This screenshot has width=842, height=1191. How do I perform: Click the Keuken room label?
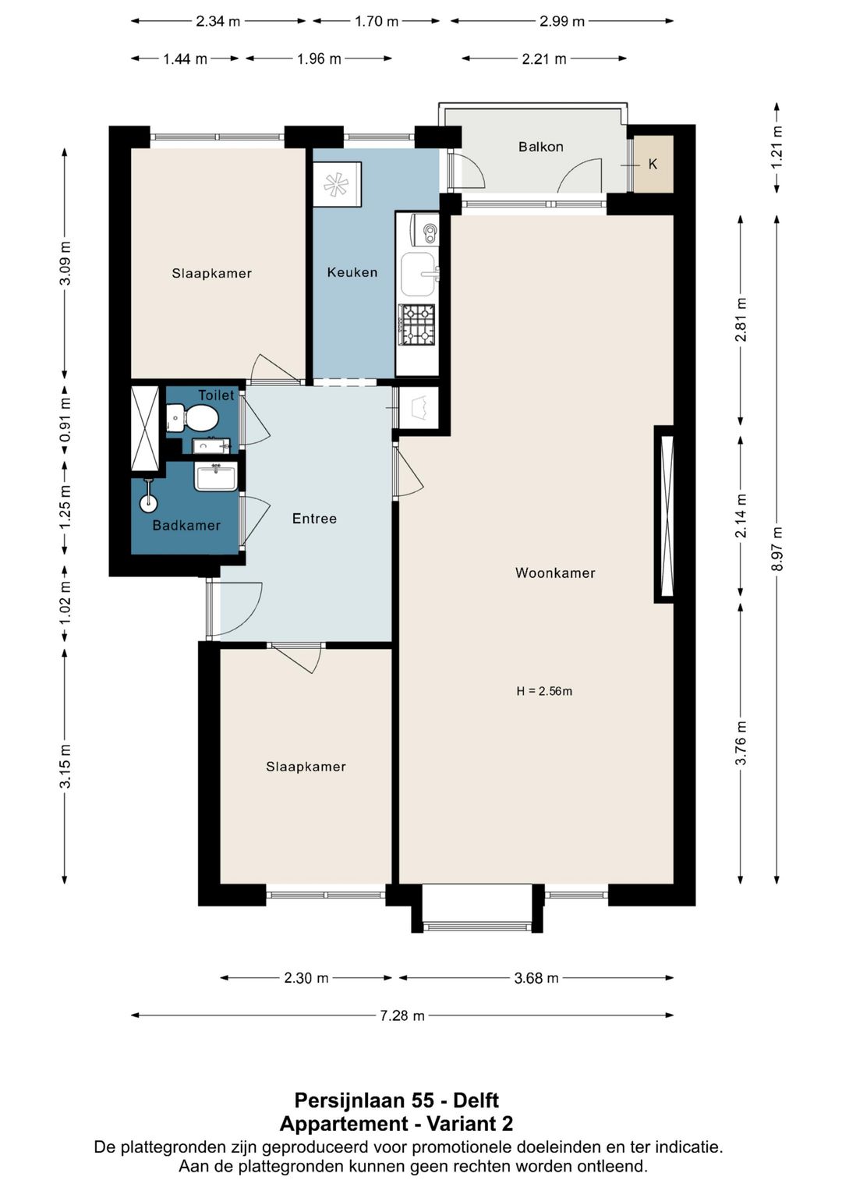click(x=352, y=272)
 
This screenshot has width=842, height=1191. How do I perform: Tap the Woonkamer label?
click(x=555, y=572)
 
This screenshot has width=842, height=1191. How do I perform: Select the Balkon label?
click(x=540, y=147)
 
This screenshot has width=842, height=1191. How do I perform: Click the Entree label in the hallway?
click(x=314, y=519)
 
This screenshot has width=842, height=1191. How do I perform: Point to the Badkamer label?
click(x=186, y=526)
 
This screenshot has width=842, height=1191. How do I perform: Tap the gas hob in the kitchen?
click(x=417, y=324)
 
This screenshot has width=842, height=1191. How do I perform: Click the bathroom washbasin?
click(x=215, y=477)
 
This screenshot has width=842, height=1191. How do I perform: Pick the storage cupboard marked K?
click(x=653, y=165)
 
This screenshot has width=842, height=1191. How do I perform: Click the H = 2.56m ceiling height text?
click(x=544, y=691)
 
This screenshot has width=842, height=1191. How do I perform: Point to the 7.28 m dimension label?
click(x=402, y=1016)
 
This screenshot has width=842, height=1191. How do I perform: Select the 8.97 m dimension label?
click(x=777, y=549)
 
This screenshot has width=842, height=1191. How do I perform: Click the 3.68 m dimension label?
click(x=536, y=978)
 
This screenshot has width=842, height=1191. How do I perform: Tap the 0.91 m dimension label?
click(x=65, y=420)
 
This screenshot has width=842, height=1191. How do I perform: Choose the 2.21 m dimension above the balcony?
click(x=544, y=58)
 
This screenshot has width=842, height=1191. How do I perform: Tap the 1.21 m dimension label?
click(x=777, y=147)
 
